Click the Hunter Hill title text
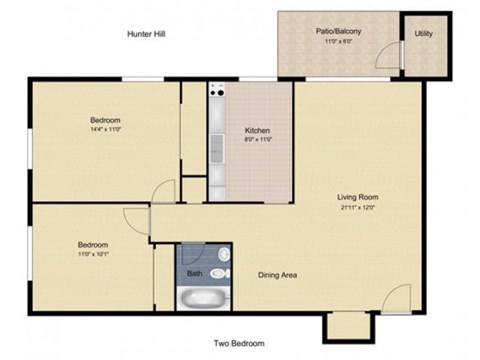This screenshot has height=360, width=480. [x=146, y=34]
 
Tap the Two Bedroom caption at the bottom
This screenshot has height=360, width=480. [x=240, y=344]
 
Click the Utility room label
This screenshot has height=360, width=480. [x=424, y=34]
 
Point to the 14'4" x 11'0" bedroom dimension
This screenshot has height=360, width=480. [x=105, y=129]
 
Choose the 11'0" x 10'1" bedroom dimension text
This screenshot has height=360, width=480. [x=93, y=254]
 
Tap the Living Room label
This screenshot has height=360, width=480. [x=357, y=197]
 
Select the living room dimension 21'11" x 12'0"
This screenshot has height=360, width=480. [x=357, y=207]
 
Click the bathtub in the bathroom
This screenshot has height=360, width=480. [x=204, y=298]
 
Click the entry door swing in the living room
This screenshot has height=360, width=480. [x=395, y=297]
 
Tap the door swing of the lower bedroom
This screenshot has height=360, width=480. [x=136, y=221]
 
